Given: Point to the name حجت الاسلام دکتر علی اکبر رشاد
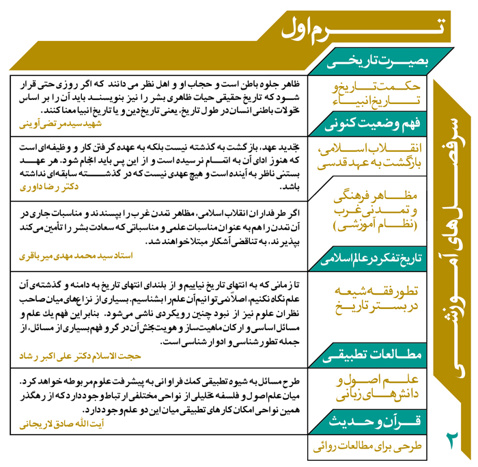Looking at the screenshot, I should click(x=76, y=356).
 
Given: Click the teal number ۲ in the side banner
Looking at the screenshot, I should click(x=453, y=438).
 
